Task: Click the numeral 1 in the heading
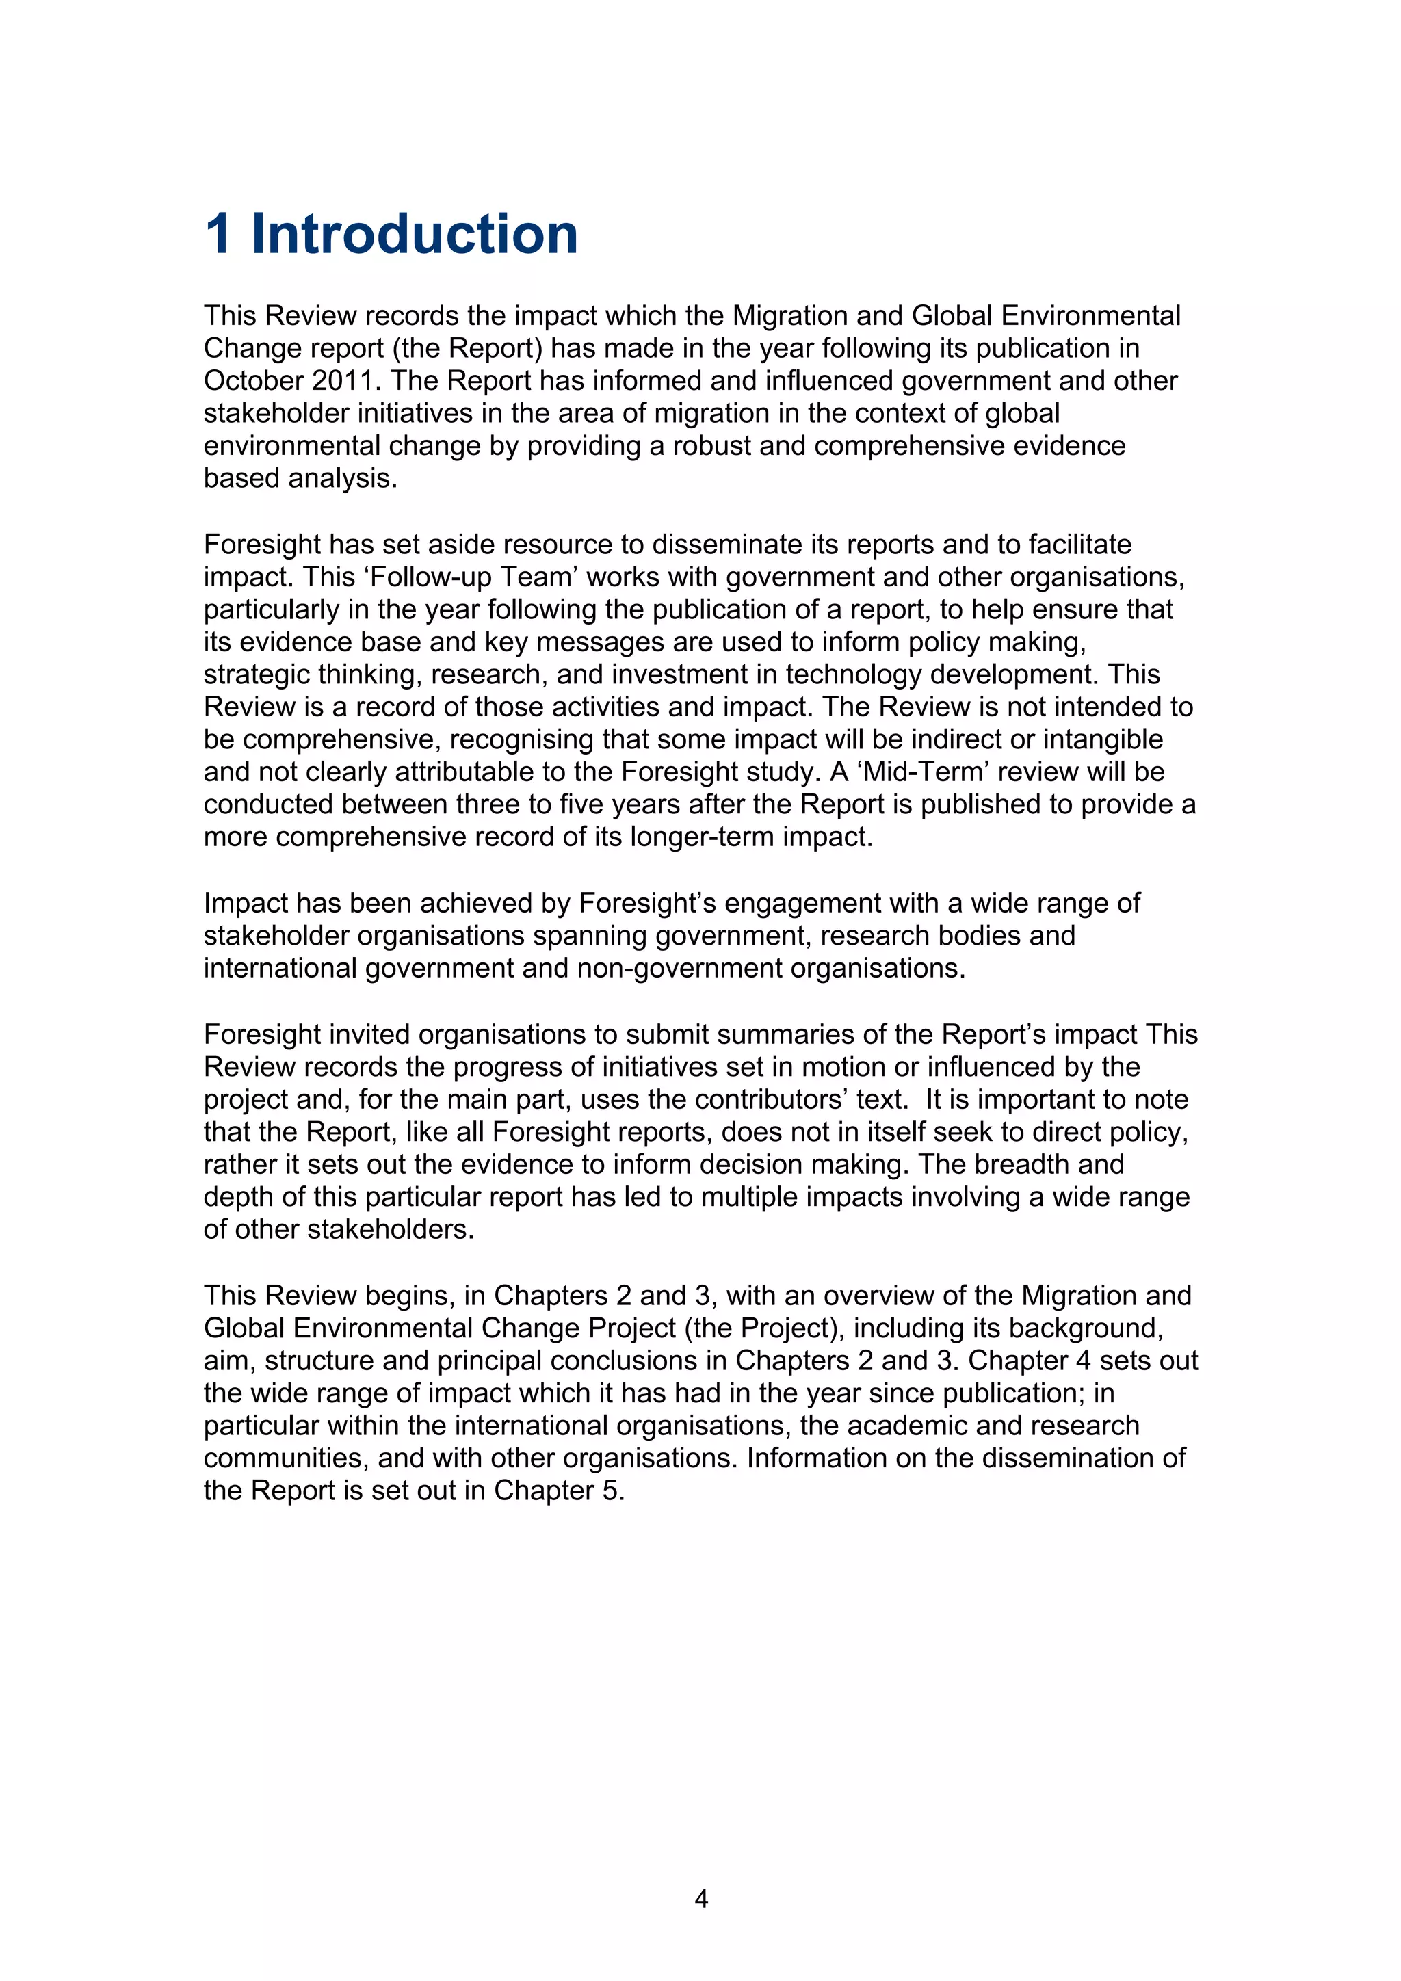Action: [218, 234]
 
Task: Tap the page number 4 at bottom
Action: [701, 1898]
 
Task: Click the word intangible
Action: [1103, 739]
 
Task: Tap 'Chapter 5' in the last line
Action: [558, 1490]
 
